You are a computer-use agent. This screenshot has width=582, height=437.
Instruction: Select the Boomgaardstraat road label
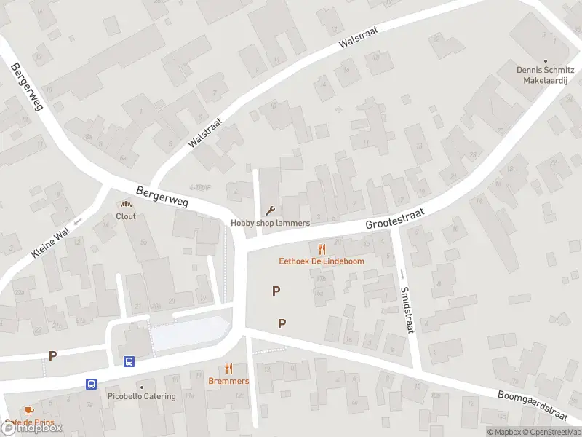coord(533,406)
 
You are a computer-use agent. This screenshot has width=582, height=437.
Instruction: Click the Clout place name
coord(126,216)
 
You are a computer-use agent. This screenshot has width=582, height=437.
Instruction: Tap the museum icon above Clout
coord(126,205)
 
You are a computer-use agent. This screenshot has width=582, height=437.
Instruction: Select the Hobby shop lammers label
coord(271,223)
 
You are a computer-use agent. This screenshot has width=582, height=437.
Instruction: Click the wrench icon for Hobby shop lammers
coord(271,211)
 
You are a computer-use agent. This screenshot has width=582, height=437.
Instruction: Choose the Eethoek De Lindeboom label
coord(322,261)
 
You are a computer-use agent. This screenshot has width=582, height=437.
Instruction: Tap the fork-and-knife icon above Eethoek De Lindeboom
coord(322,249)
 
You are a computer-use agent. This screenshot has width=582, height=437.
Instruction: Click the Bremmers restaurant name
coord(228,381)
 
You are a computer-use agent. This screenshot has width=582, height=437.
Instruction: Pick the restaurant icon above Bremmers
coord(228,369)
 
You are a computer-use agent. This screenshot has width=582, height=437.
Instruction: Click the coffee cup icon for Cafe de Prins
coord(28,411)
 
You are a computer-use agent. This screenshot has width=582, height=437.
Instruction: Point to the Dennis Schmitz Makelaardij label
coord(546,76)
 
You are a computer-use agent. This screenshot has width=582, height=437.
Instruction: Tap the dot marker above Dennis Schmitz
coord(546,60)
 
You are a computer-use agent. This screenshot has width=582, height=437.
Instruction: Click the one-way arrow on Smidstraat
coord(401,275)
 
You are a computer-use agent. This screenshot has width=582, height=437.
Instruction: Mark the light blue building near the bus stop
coord(188,333)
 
